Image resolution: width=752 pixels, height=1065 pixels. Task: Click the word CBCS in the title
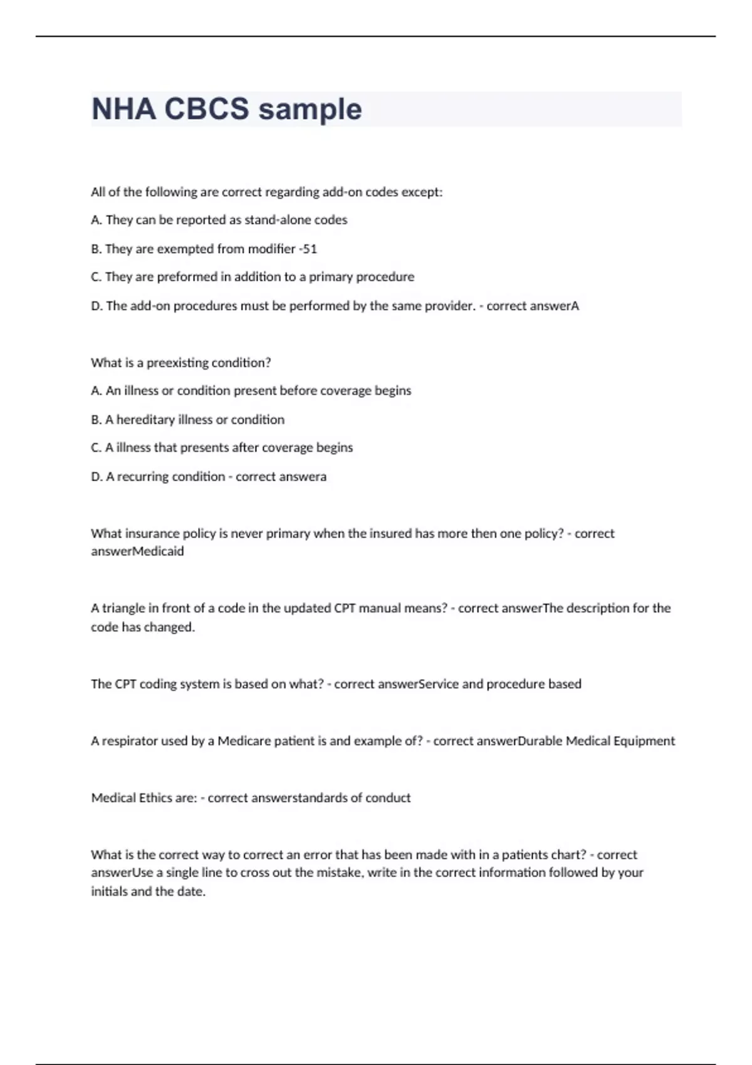[206, 109]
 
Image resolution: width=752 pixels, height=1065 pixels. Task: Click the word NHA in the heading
[123, 109]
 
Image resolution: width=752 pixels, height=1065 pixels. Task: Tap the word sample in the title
[310, 109]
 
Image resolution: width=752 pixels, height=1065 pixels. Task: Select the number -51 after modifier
[308, 249]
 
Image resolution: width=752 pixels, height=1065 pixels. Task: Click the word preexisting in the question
[177, 363]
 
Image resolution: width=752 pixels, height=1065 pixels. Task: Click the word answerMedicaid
[137, 551]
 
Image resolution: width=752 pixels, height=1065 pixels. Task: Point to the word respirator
[130, 741]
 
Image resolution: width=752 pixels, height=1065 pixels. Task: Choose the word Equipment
[644, 741]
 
